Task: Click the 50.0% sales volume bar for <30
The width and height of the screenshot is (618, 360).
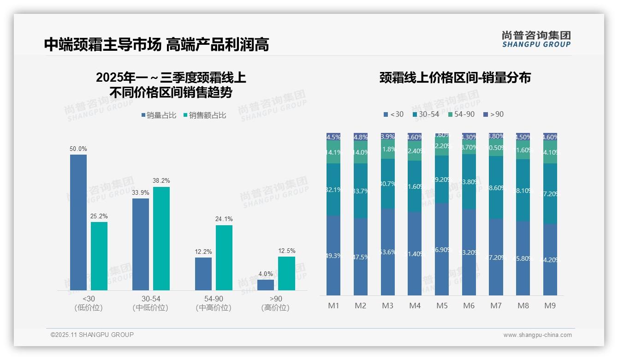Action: tap(78, 222)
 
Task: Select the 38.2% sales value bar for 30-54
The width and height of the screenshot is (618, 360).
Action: tap(161, 239)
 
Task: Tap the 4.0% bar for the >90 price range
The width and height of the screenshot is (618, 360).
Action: tap(266, 285)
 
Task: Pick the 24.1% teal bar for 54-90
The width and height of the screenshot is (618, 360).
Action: tap(224, 258)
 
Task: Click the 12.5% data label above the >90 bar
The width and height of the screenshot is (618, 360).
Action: tap(286, 251)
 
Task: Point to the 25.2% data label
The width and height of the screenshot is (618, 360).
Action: tap(99, 216)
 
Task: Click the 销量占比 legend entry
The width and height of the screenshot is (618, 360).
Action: tap(159, 115)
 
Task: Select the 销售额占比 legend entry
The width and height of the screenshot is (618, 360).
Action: tap(205, 115)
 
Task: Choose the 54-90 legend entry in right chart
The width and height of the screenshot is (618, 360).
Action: tap(461, 114)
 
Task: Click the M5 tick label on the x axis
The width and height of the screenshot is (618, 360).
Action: tap(442, 306)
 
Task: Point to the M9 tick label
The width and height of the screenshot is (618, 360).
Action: tap(550, 306)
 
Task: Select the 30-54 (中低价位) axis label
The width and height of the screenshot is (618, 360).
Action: tap(150, 303)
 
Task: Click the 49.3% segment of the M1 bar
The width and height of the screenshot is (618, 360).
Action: tap(333, 256)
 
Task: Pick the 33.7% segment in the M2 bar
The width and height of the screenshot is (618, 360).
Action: tap(361, 191)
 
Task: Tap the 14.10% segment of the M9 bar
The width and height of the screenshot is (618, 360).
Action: tap(550, 152)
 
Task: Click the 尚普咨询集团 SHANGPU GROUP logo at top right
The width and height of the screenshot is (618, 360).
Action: tap(536, 39)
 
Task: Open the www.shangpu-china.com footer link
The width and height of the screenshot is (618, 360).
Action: tap(537, 335)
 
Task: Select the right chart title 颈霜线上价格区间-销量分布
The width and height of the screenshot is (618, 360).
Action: tap(455, 78)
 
